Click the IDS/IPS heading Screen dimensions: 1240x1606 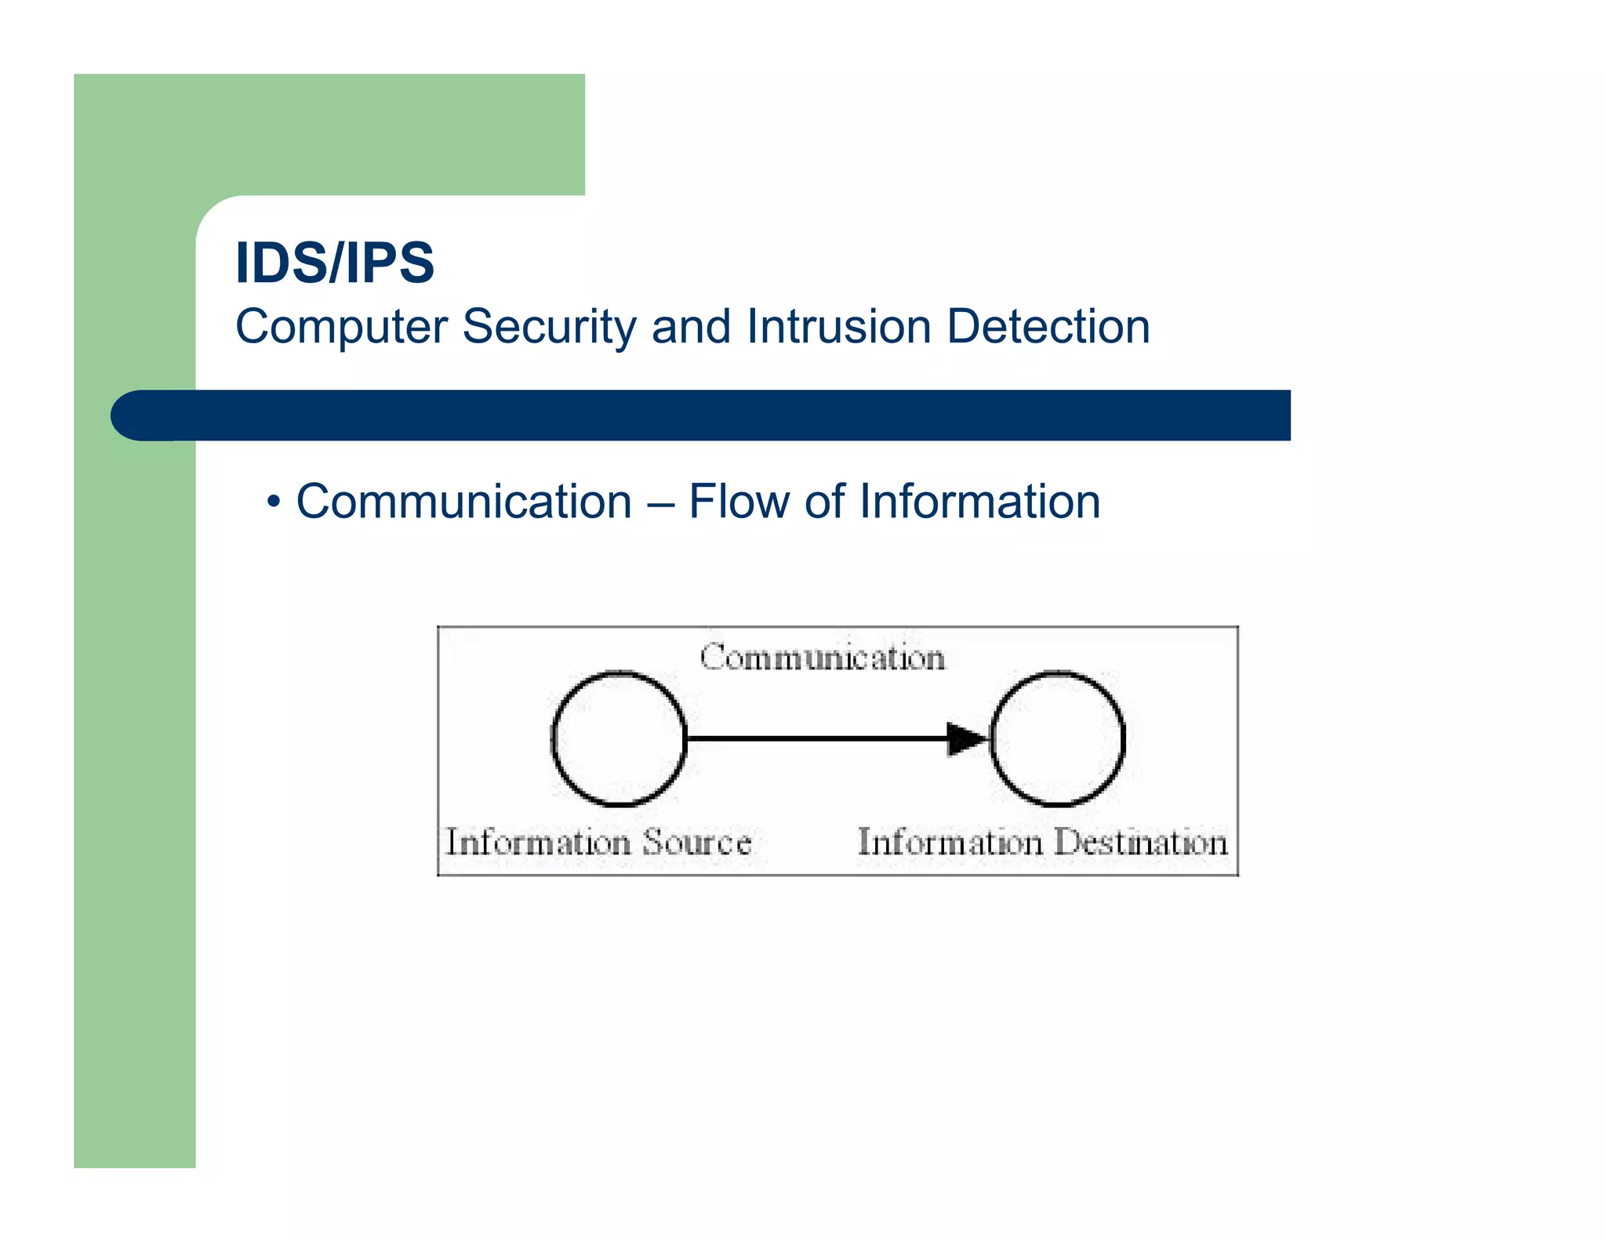point(335,263)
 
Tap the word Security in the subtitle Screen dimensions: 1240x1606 point(549,327)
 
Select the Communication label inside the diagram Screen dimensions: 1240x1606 point(823,657)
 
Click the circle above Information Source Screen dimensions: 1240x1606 point(620,738)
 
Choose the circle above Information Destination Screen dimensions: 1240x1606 point(1058,738)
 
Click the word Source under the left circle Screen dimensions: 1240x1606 point(697,843)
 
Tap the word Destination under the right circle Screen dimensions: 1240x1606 point(1141,843)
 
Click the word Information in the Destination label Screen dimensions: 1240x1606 point(950,843)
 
